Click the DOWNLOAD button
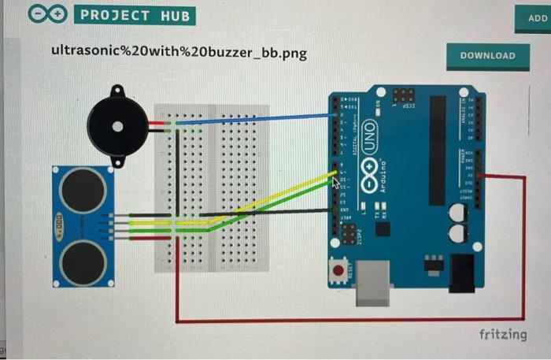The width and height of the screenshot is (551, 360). pyautogui.click(x=487, y=56)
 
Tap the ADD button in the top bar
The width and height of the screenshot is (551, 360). pyautogui.click(x=533, y=17)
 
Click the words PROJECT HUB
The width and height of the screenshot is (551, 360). pyautogui.click(x=135, y=15)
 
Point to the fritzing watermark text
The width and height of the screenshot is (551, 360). pyautogui.click(x=503, y=334)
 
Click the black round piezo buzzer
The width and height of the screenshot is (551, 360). pyautogui.click(x=117, y=126)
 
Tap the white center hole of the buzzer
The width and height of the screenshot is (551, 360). pyautogui.click(x=117, y=126)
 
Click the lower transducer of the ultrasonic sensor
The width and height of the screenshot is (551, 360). pyautogui.click(x=83, y=262)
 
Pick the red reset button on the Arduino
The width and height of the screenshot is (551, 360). pyautogui.click(x=338, y=271)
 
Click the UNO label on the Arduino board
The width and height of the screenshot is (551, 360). pyautogui.click(x=370, y=129)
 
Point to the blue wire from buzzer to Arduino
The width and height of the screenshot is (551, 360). pyautogui.click(x=252, y=119)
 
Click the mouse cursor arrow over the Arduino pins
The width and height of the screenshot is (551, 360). pyautogui.click(x=336, y=182)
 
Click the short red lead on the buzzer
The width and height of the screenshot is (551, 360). pyautogui.click(x=156, y=124)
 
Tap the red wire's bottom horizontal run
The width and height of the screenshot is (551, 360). pyautogui.click(x=346, y=321)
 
